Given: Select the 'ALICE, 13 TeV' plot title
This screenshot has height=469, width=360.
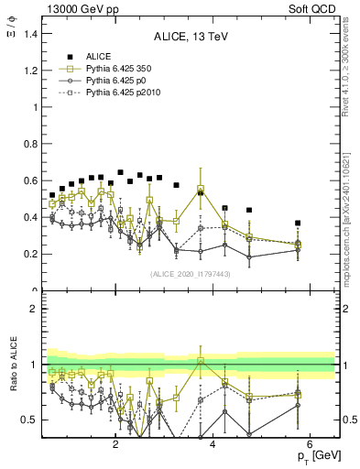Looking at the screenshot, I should tap(190, 37).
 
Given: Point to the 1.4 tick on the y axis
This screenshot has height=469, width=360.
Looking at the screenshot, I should tap(30, 33).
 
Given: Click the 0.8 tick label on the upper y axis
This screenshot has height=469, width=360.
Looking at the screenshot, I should tap(30, 144).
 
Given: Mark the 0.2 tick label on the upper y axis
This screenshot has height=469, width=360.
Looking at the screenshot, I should tap(30, 255).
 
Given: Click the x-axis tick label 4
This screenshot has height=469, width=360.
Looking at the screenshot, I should tap(213, 445).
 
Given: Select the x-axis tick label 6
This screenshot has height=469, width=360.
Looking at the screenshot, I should tap(311, 445).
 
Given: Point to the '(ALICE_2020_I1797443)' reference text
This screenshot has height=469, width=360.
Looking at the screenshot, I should tap(190, 274).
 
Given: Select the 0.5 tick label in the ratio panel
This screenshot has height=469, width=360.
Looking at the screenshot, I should tap(30, 420).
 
